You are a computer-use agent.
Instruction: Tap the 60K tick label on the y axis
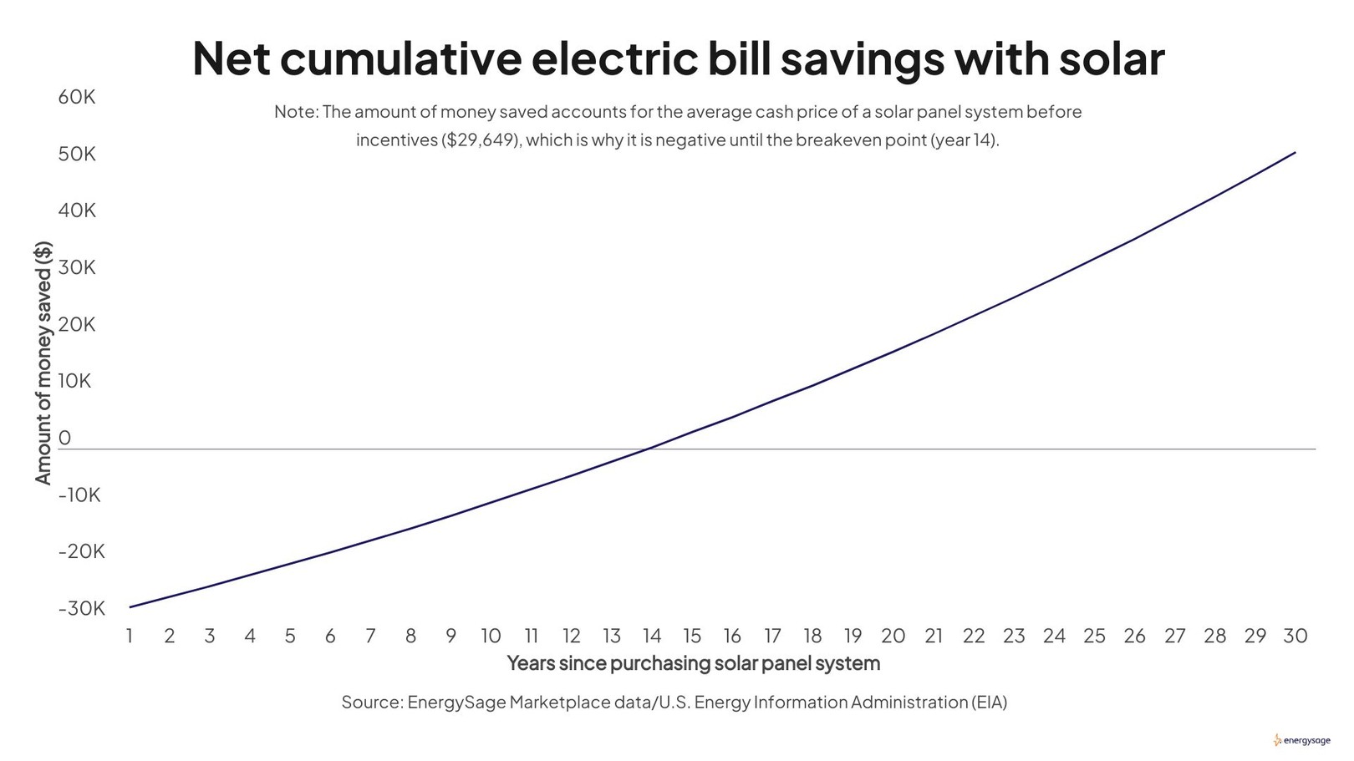(77, 98)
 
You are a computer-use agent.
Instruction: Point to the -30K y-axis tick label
(81, 608)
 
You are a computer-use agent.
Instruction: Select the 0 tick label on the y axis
(64, 438)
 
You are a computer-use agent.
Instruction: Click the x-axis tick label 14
(652, 637)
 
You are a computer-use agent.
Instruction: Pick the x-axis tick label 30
(1295, 637)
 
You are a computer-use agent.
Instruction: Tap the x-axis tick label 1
(130, 637)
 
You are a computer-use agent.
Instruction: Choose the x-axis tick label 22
(974, 637)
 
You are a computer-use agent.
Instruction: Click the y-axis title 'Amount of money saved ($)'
(43, 363)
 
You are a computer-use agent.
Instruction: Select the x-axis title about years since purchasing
(693, 664)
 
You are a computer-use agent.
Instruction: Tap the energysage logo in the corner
(1302, 740)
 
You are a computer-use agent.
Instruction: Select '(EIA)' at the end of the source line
(990, 703)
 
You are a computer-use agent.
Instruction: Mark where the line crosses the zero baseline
(648, 449)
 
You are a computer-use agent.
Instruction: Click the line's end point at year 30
(1295, 153)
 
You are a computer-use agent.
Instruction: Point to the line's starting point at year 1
(130, 607)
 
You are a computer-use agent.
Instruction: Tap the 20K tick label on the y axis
(77, 324)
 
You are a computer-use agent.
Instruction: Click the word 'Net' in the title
(232, 58)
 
